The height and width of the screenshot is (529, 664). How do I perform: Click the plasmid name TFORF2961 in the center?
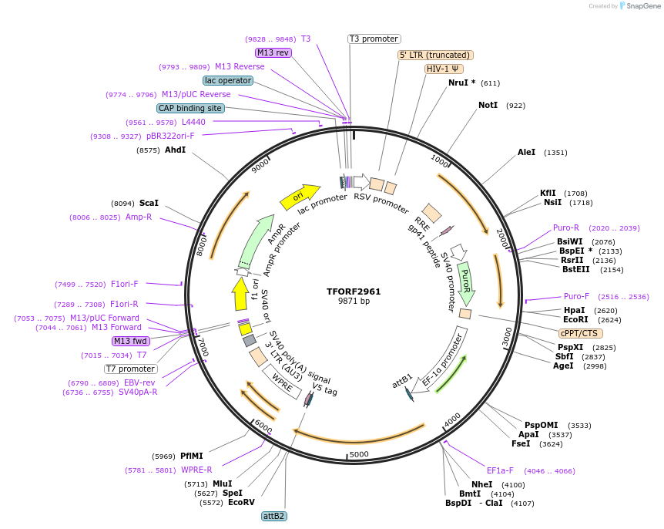click(x=354, y=291)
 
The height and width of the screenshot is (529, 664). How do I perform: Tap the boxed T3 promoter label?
click(x=374, y=39)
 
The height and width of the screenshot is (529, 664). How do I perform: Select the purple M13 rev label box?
click(x=273, y=52)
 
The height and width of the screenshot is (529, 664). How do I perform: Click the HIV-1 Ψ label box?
click(x=444, y=69)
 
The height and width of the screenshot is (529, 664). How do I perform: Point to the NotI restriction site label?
click(x=488, y=105)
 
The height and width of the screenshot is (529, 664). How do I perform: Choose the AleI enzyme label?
click(x=526, y=153)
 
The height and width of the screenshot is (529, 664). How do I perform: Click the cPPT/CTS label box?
click(x=578, y=333)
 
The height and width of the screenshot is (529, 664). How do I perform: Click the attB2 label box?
click(x=273, y=516)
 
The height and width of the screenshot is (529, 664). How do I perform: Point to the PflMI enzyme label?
click(x=192, y=456)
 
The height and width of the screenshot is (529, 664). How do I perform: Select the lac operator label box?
click(x=228, y=80)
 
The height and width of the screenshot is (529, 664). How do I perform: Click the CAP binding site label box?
click(x=190, y=109)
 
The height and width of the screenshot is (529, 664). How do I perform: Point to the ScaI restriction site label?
click(x=149, y=204)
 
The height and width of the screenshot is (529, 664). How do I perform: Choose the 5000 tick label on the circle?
click(x=359, y=455)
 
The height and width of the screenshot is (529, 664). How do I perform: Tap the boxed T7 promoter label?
click(x=130, y=369)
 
